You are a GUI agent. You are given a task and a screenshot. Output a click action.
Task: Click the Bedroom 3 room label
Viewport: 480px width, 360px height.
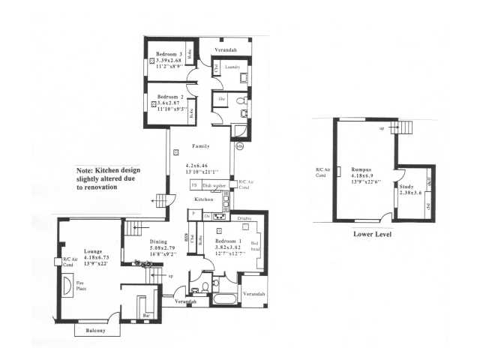click(x=169, y=54)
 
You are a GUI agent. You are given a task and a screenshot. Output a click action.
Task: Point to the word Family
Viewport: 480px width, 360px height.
click(x=200, y=145)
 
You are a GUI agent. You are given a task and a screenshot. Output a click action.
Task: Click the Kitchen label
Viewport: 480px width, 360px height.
click(x=205, y=200)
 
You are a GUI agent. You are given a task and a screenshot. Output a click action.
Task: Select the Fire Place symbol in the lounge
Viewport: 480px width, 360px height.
click(x=68, y=286)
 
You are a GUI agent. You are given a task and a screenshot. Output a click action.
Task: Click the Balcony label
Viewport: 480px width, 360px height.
click(x=94, y=331)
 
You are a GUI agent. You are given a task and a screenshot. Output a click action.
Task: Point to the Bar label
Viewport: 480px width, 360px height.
click(x=145, y=316)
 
